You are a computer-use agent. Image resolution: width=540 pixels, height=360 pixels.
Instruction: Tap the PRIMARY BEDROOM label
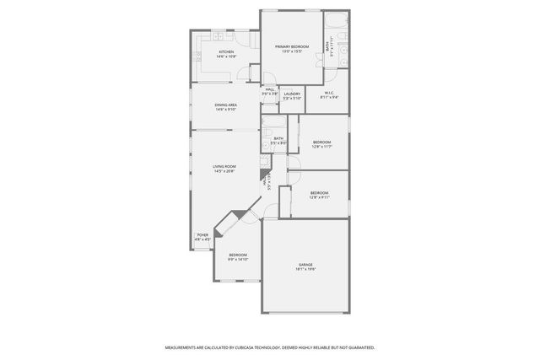292,46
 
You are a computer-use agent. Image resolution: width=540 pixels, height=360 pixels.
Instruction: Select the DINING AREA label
225,105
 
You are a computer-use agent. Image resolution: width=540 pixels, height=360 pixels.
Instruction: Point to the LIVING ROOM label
224,167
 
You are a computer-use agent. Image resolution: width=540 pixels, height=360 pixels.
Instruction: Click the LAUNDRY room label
292,94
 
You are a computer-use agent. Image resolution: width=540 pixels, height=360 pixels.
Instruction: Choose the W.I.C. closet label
327,94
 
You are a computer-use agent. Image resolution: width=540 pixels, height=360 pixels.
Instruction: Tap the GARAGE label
305,265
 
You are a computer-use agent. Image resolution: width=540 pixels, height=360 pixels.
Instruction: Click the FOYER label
202,235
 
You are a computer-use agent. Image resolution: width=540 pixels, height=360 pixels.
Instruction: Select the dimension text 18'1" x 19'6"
305,270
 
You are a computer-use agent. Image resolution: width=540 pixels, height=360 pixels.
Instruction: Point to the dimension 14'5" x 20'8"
224,172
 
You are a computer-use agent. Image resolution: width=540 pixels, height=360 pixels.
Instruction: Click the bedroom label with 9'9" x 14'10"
238,255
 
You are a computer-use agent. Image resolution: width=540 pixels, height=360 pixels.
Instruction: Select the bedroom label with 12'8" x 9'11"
319,193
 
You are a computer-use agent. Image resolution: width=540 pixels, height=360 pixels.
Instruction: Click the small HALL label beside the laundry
270,89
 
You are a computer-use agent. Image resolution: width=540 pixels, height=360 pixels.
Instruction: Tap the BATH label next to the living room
278,138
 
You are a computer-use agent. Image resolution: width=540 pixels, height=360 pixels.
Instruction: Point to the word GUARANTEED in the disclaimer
358,347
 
